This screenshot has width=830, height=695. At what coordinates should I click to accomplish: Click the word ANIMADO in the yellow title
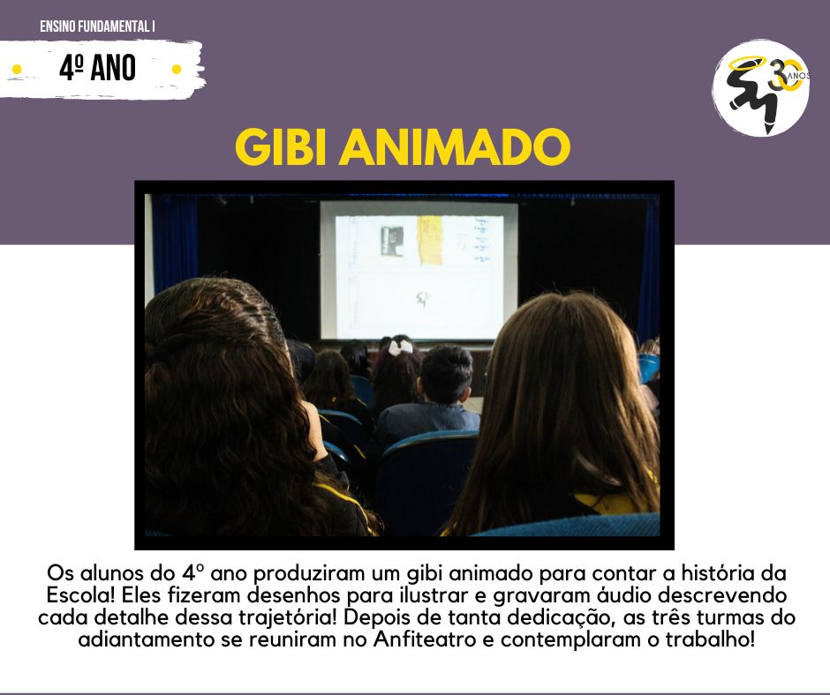(455, 146)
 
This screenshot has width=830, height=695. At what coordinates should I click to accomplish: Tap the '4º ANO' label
(98, 68)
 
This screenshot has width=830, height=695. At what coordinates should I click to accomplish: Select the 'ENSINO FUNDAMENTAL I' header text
(97, 26)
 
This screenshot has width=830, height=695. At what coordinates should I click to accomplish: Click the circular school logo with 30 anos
(760, 88)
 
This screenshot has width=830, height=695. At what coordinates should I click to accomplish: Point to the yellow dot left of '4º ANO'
(17, 70)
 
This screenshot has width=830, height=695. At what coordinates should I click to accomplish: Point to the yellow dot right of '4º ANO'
(177, 70)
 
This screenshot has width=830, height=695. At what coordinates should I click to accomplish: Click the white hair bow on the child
(400, 347)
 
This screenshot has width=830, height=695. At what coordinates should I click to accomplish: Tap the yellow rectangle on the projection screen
(429, 240)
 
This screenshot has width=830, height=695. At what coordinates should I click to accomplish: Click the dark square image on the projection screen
(392, 241)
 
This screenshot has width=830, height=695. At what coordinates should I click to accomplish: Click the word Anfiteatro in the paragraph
(425, 639)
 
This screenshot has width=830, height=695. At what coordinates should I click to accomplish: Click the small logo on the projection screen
(421, 299)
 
